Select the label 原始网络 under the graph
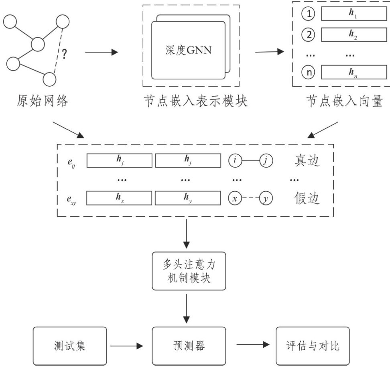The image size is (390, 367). (43, 101)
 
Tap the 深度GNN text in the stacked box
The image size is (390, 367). (188, 50)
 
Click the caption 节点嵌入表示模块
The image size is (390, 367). (195, 101)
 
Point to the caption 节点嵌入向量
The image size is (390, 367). (344, 101)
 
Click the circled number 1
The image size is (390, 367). (309, 14)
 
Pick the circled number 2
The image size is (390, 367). (309, 34)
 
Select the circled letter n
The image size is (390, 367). (309, 73)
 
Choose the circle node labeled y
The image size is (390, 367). (266, 198)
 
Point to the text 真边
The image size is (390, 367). (307, 161)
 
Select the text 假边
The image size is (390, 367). (307, 198)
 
